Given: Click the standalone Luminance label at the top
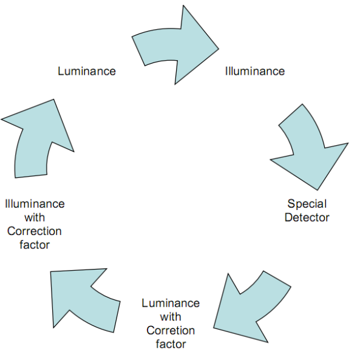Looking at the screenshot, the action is (x=87, y=71).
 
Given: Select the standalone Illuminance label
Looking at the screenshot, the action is (x=255, y=71).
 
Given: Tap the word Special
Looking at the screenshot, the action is (x=307, y=204).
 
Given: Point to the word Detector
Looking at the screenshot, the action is (x=307, y=217).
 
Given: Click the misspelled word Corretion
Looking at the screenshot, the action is (x=171, y=331).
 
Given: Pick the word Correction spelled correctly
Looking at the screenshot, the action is (x=35, y=231).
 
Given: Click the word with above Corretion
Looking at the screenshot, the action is (x=171, y=317).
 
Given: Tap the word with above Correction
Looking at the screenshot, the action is (x=35, y=218).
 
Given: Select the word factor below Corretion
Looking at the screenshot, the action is (x=171, y=344).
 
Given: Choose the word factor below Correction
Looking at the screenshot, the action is (x=35, y=245).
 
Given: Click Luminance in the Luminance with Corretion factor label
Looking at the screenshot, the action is (x=171, y=304).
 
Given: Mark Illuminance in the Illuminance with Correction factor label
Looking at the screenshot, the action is (x=35, y=204).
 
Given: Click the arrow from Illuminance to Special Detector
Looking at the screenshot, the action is (x=310, y=147).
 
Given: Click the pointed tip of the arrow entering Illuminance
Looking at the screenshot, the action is (x=219, y=49).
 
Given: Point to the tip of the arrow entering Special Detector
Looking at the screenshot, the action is (x=318, y=190).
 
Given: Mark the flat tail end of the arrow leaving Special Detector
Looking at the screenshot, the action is (x=277, y=279).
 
